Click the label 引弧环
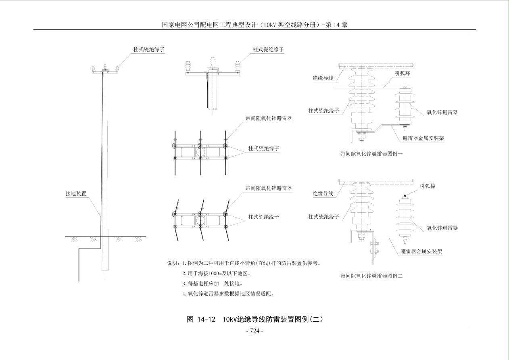403,73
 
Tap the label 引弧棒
428,186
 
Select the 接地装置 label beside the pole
76,194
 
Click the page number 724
255,331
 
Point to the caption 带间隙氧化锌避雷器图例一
371,154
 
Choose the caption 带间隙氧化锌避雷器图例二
371,276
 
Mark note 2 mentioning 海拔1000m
216,273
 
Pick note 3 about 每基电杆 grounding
213,283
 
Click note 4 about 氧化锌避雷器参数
228,293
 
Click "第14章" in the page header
338,25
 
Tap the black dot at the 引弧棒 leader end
405,195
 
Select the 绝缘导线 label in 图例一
323,78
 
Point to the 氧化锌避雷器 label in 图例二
442,228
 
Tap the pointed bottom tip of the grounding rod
79,282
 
